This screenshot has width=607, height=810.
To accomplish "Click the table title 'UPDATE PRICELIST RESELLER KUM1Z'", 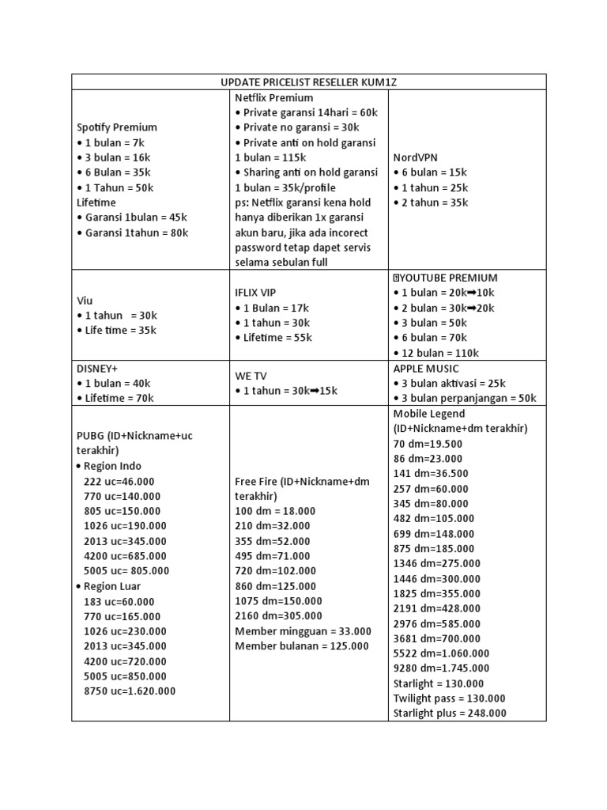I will (x=308, y=82).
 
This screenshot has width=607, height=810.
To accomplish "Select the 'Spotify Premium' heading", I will (x=117, y=127).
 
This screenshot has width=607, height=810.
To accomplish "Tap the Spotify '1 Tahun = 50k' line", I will (x=119, y=187).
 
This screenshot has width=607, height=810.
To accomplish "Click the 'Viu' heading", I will (x=85, y=301).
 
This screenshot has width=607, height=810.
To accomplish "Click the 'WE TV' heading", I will (x=252, y=376).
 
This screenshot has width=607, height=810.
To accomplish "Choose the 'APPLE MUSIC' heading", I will (x=426, y=369).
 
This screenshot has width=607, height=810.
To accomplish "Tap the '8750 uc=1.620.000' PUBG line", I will (x=129, y=691).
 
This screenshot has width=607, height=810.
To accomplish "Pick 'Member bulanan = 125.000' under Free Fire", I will (x=302, y=646).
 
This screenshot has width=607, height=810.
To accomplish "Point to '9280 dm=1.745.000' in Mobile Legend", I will (x=439, y=668).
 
